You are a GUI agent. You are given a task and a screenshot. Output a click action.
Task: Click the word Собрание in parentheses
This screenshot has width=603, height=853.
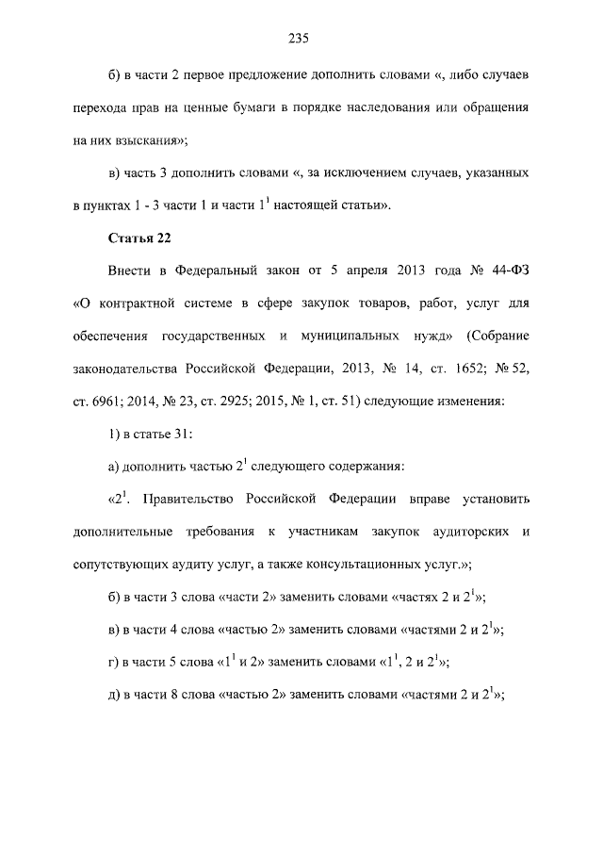click(x=498, y=336)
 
